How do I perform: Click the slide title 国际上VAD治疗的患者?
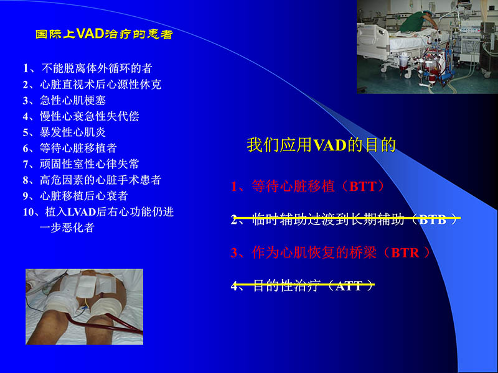104,34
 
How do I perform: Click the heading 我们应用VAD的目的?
321,145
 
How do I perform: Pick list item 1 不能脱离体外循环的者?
87,68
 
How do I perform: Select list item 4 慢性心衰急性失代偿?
81,116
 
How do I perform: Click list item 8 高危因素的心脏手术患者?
92,180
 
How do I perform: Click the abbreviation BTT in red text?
363,186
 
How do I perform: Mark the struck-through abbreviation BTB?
434,219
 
